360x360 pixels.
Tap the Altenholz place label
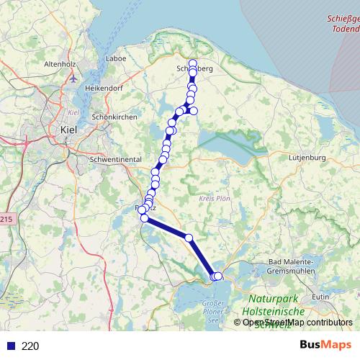[x=60, y=64]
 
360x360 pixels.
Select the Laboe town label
[x=115, y=58]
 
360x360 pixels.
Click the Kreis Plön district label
[x=212, y=197]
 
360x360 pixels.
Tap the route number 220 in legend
[x=30, y=346]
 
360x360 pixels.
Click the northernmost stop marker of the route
[x=192, y=63]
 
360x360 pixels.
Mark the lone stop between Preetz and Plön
[x=189, y=238]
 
